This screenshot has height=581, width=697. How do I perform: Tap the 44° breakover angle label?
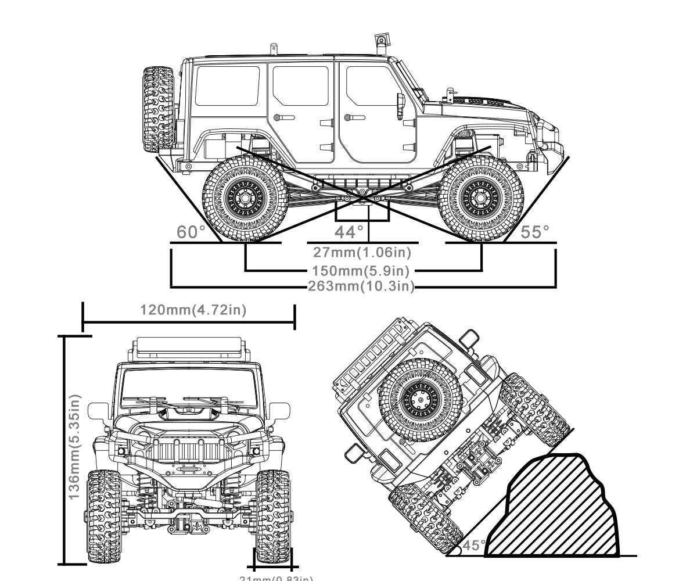(x=350, y=232)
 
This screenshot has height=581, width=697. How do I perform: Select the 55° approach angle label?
(x=535, y=232)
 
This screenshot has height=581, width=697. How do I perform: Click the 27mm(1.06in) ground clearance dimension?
(x=362, y=252)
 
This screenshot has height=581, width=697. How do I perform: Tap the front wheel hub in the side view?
(x=480, y=198)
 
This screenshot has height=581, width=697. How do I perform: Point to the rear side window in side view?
(x=227, y=85)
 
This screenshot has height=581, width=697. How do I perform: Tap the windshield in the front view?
(x=189, y=386)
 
